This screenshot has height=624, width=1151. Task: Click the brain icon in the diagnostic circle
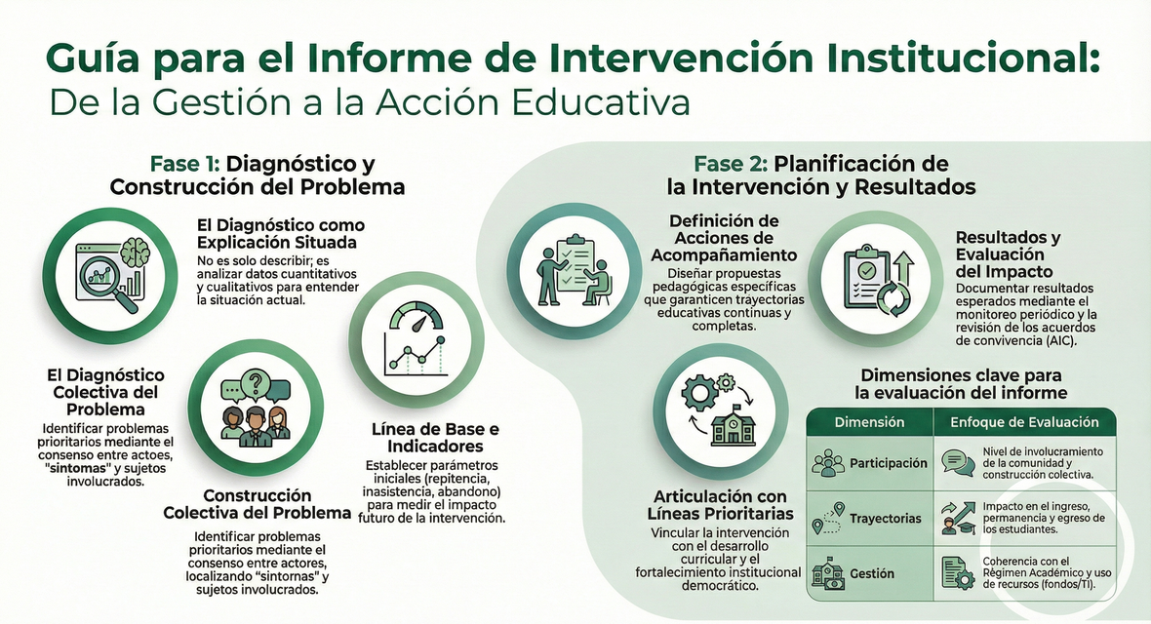coord(135,252)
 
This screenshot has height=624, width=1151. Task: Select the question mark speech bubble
coord(256,383)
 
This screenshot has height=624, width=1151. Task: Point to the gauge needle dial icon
coord(415,317)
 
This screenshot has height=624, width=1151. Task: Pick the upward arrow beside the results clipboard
coord(902,267)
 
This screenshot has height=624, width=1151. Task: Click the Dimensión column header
coord(869,422)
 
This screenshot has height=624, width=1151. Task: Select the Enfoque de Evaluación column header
coord(1024,422)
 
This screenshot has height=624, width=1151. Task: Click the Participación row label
coord(889,463)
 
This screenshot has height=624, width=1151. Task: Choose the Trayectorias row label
coord(886,519)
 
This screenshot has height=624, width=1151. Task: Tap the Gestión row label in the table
coord(872,573)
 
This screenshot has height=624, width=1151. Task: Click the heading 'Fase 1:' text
coord(185,164)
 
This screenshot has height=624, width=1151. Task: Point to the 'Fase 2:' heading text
coord(732,163)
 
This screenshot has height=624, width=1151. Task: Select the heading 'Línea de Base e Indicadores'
coord(435,438)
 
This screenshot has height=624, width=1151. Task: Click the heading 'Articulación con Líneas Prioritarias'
coord(720,505)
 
